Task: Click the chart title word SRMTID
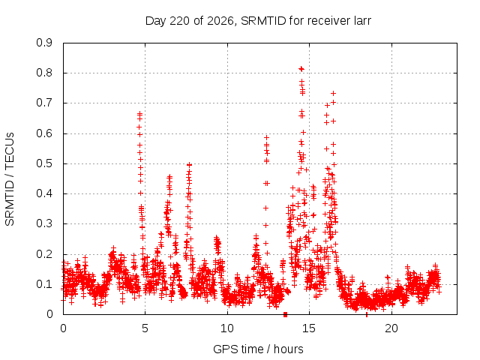[x=263, y=21]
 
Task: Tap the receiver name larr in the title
[x=361, y=21]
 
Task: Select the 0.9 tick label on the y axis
[x=44, y=43]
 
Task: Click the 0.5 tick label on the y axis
[x=44, y=163]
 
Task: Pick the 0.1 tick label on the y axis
[x=44, y=284]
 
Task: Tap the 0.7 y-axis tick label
[x=44, y=103]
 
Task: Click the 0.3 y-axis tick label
[x=44, y=223]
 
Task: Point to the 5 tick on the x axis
[x=145, y=328]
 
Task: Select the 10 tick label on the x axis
[x=227, y=328]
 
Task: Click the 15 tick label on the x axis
[x=309, y=328]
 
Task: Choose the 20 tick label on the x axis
[x=391, y=328]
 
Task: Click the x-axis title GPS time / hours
[x=258, y=349]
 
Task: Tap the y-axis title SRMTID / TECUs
[x=10, y=179]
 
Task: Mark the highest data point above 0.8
[x=301, y=69]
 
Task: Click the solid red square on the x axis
[x=285, y=314]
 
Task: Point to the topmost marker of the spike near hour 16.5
[x=333, y=93]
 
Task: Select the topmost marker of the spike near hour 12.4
[x=267, y=137]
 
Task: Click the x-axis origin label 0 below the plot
[x=63, y=328]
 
